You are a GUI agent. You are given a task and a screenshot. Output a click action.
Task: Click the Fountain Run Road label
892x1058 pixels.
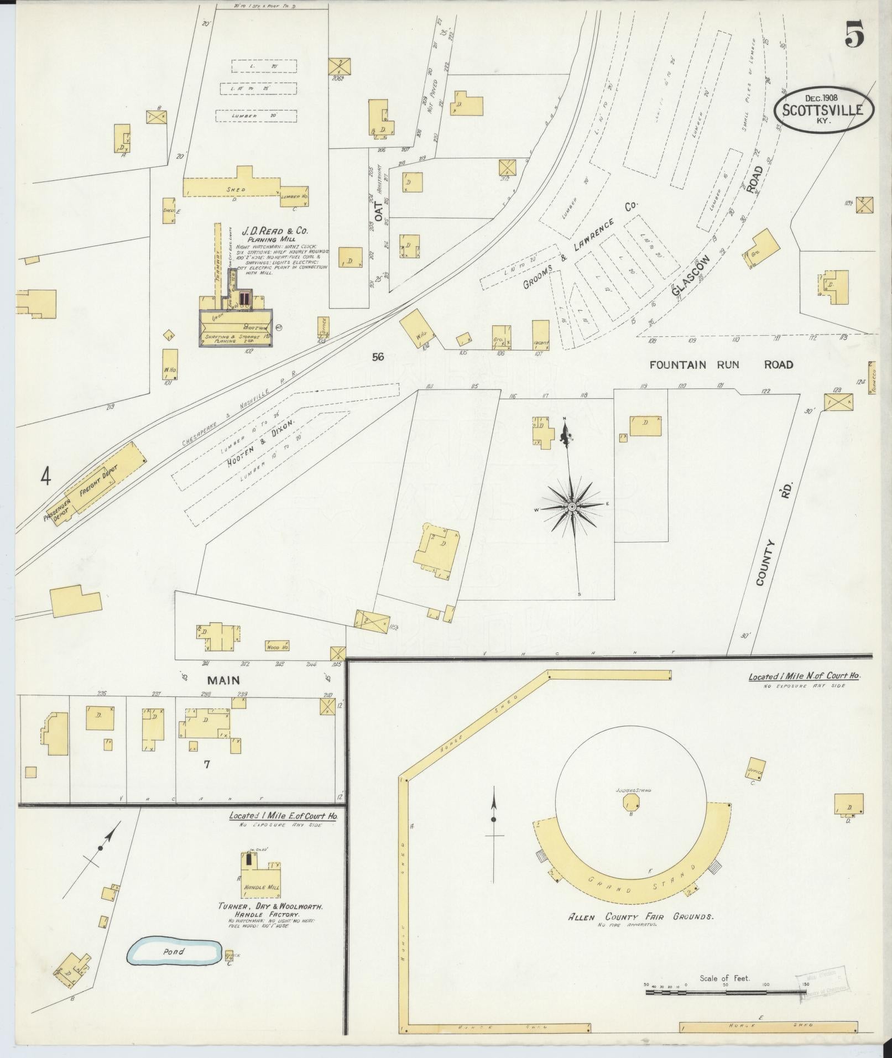tap(721, 364)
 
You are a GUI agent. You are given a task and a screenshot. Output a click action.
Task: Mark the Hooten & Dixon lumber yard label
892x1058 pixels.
tap(259, 439)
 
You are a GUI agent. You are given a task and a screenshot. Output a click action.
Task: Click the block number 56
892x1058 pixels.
tap(378, 357)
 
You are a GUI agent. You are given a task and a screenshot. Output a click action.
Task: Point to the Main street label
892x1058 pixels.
tap(223, 680)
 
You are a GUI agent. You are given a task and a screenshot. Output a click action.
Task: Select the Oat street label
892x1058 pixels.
tap(379, 211)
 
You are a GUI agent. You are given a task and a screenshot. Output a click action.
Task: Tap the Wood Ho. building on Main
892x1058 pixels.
tap(278, 646)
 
